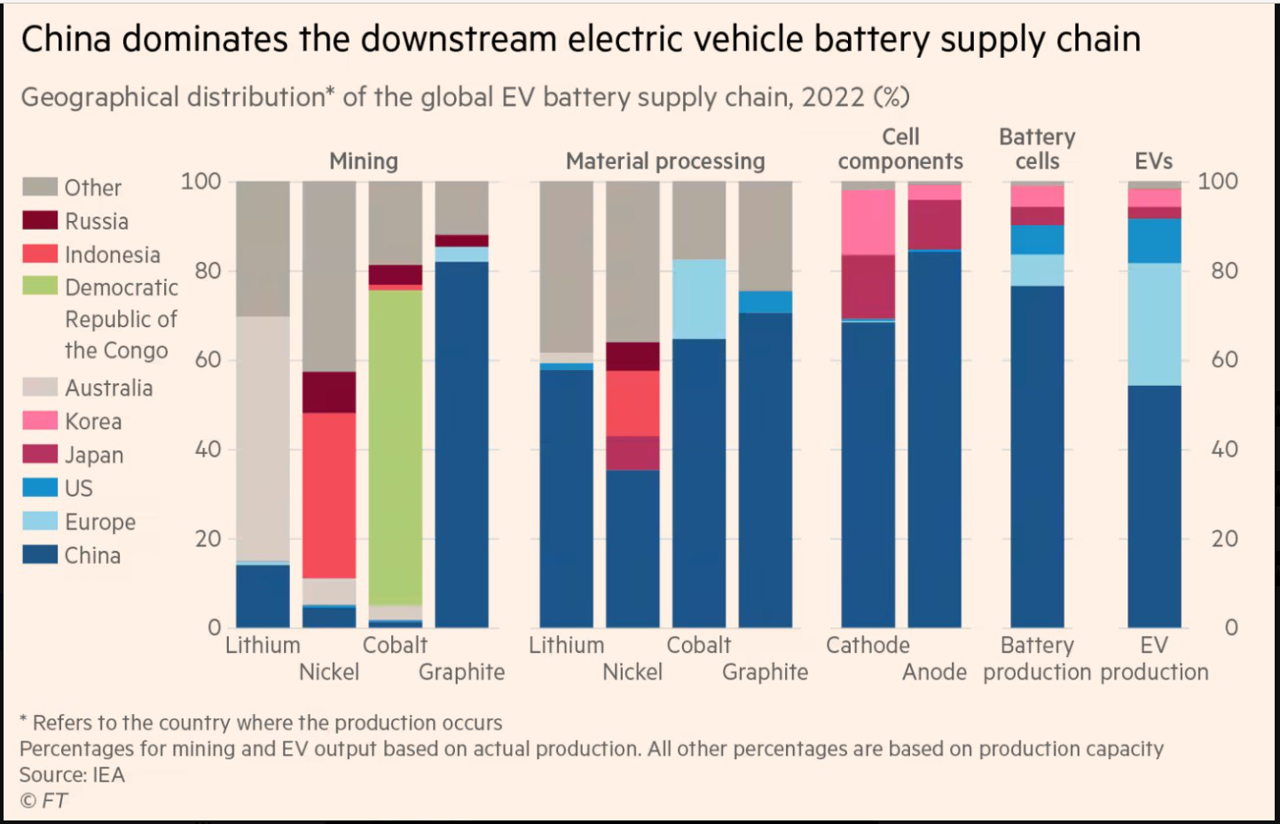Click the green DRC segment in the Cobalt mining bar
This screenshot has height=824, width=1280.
coord(396,447)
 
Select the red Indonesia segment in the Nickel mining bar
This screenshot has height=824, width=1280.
coord(329,495)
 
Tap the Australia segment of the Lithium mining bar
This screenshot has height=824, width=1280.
coord(263,438)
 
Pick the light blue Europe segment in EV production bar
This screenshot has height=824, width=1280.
coord(1154,324)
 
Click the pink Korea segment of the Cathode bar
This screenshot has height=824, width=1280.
coord(868,222)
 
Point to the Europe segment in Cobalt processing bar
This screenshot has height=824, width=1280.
coord(699,299)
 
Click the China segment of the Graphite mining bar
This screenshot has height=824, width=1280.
coord(461,443)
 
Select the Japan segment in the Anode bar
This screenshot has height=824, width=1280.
coord(934,224)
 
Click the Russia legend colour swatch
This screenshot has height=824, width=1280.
coord(40,220)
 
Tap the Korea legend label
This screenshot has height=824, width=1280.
coord(93,421)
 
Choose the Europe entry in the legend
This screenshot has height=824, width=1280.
coord(99,522)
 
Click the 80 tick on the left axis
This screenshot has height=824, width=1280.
coord(208,271)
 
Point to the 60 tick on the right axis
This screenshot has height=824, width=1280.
coord(1224,359)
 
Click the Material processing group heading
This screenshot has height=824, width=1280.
coord(665,161)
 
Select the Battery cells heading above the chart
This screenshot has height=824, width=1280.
coord(1037,149)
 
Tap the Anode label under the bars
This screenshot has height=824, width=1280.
coord(934,672)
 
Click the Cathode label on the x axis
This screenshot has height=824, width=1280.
coord(868,645)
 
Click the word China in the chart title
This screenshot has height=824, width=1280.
coord(67,39)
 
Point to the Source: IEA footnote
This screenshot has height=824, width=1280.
coord(73,774)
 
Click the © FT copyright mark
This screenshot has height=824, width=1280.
coord(43,801)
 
